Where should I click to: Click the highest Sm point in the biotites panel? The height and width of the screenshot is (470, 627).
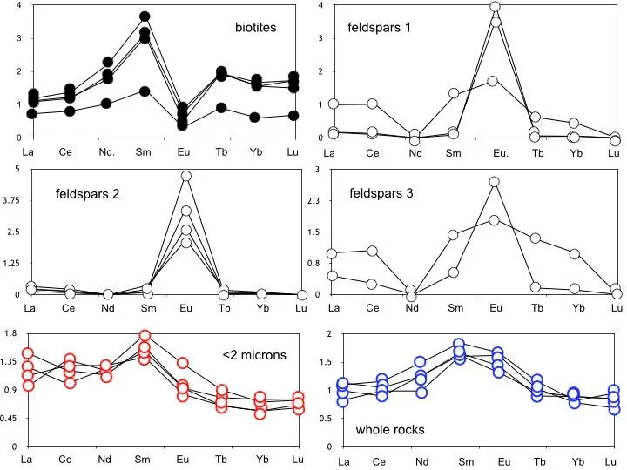point(145,17)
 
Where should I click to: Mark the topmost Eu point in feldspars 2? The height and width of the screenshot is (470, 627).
point(185,176)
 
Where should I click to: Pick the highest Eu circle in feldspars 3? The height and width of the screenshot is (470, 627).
point(495,182)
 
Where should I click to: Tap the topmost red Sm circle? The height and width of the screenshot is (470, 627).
point(145,335)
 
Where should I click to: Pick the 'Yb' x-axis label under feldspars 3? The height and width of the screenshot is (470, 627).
point(575,308)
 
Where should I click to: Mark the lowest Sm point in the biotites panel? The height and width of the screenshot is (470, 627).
point(145,91)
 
